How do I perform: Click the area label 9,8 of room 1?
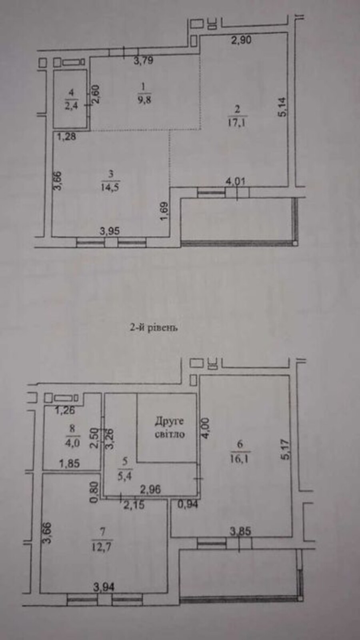click(x=144, y=100)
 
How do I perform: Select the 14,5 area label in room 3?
click(x=110, y=187)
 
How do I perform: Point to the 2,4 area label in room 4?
click(x=71, y=106)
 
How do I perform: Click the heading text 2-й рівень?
click(x=154, y=328)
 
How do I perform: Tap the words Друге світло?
click(x=170, y=428)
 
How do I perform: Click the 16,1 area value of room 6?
click(x=240, y=459)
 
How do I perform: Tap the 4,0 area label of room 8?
click(x=72, y=443)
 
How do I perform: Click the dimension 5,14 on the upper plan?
click(x=282, y=107)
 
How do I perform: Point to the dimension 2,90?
click(x=241, y=40)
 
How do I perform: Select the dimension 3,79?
click(x=144, y=60)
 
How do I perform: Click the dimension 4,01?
click(x=236, y=182)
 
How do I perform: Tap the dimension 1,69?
click(x=164, y=212)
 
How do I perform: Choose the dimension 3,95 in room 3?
click(x=110, y=231)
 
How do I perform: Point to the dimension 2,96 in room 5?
click(x=150, y=490)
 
